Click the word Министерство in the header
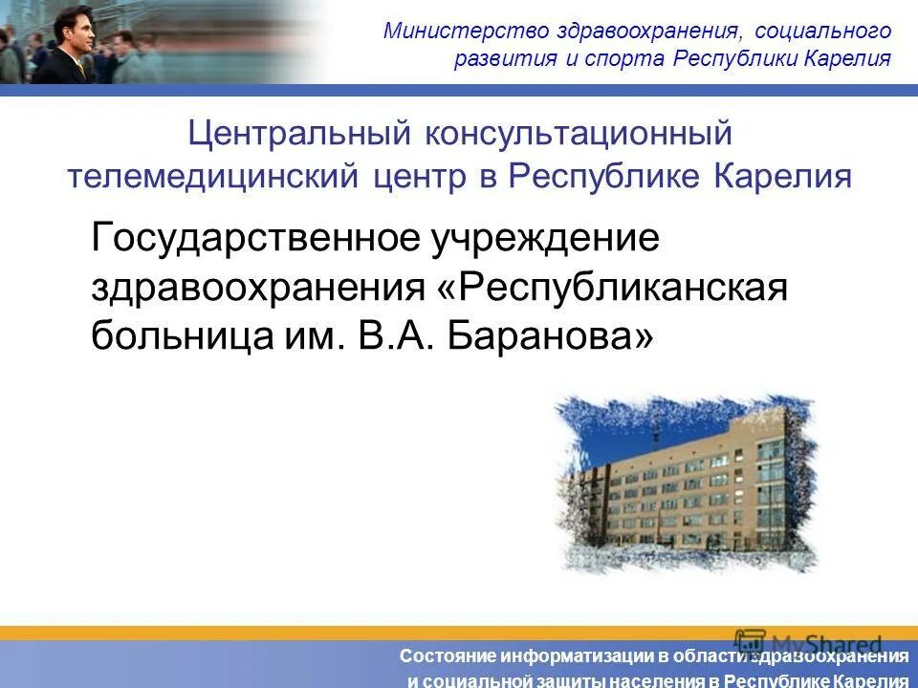(x=445, y=30)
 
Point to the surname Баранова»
(x=551, y=335)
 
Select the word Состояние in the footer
(x=448, y=656)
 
